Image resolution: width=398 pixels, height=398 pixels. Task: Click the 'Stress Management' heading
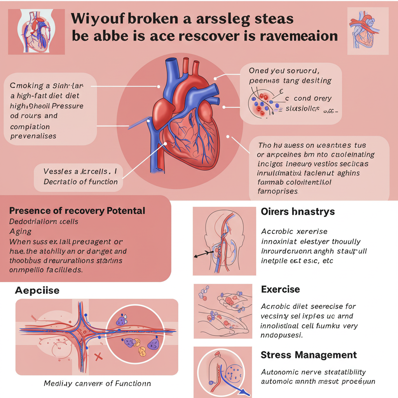coord(309,355)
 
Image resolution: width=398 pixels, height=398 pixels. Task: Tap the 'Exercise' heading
coord(280,289)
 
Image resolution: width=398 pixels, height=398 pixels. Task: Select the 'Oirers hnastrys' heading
coord(298,212)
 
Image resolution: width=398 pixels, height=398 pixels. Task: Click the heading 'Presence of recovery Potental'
coord(77,211)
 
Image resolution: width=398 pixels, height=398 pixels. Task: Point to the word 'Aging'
coord(20,231)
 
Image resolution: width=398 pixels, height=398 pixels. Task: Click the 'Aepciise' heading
coord(37,290)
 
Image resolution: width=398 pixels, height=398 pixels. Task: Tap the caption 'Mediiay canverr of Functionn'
coord(97,383)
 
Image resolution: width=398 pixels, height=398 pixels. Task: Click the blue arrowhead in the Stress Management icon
coord(244,393)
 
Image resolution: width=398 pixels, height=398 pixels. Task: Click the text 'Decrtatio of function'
coord(81,182)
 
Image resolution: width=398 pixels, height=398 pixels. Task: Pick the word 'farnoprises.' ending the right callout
coord(278,191)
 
